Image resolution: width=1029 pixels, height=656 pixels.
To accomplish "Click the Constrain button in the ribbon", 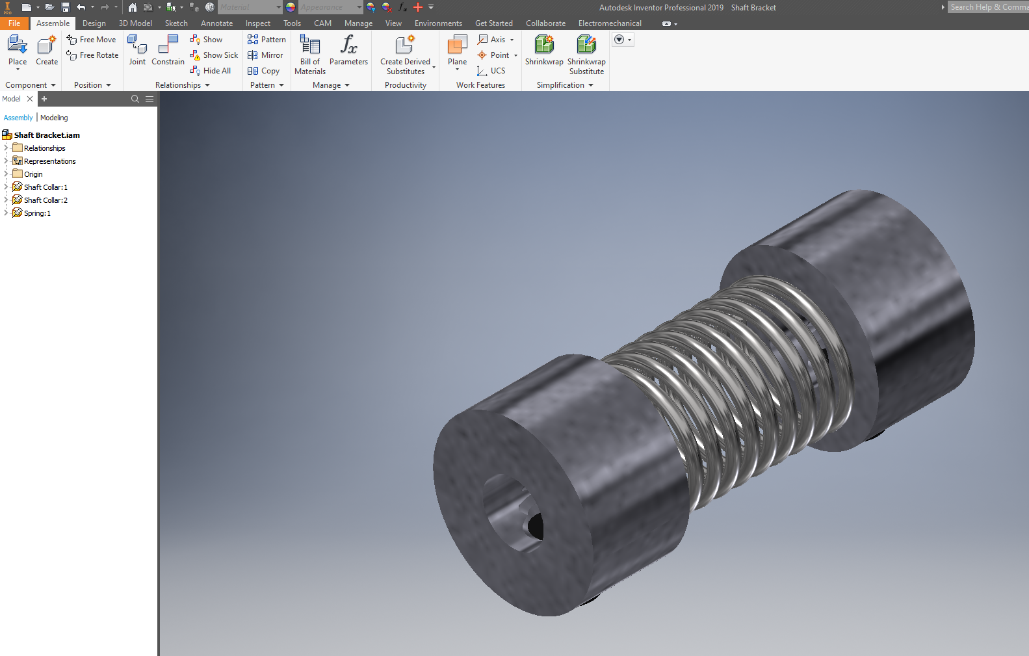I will pos(168,50).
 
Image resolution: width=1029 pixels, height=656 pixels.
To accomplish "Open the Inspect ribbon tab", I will pos(257,23).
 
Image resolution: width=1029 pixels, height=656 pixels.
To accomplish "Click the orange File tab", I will pos(14,23).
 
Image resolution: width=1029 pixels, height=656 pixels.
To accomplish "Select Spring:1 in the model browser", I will pos(36,213).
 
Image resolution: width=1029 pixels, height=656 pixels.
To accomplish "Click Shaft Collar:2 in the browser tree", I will pos(45,200).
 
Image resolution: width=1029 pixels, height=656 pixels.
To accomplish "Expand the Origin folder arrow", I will pos(6,174).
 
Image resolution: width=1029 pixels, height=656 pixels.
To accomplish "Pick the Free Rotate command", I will pos(92,55).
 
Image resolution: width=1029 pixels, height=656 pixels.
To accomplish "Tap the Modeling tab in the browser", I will pos(54,118).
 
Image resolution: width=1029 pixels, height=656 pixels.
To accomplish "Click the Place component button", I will pos(18,50).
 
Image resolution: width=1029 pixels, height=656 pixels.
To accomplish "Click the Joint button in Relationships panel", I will pos(137,50).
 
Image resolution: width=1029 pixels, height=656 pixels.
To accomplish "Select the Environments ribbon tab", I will pos(438,23).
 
